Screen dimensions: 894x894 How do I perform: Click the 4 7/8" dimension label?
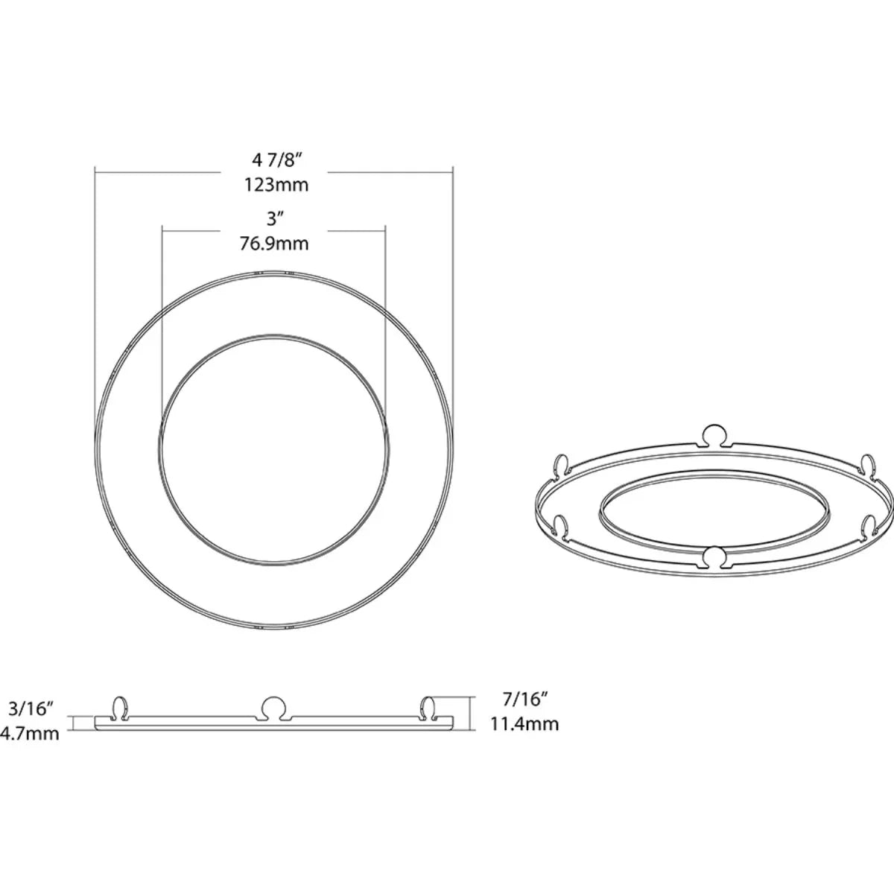click(276, 159)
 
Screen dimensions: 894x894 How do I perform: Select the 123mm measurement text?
click(276, 185)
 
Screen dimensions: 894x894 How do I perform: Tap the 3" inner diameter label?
click(276, 219)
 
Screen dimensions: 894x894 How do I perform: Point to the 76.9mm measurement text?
click(274, 244)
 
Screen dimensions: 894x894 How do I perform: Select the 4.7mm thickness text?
click(30, 734)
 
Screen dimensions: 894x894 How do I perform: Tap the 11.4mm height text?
click(524, 723)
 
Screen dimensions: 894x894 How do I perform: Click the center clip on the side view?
click(275, 706)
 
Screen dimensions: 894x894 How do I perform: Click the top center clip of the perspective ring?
click(714, 437)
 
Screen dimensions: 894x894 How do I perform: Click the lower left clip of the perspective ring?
click(561, 526)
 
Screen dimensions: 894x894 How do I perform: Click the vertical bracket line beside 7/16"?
click(472, 712)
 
